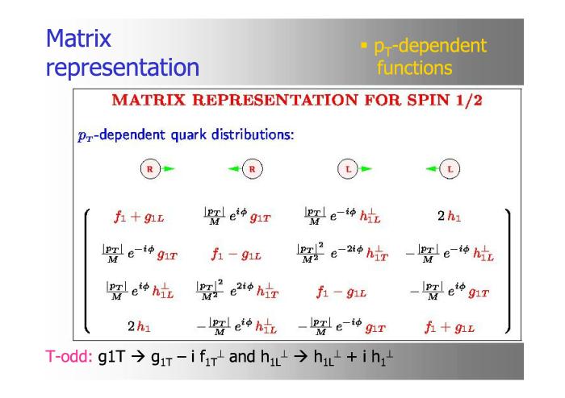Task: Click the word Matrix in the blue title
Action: (x=78, y=38)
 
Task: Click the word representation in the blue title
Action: (x=123, y=68)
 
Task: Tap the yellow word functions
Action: (x=414, y=68)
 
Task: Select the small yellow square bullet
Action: (x=364, y=45)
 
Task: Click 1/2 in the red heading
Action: (x=469, y=100)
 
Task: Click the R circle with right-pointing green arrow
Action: (x=157, y=168)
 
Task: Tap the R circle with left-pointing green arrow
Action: (x=245, y=168)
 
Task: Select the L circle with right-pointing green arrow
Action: (x=354, y=168)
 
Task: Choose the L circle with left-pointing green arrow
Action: (x=443, y=168)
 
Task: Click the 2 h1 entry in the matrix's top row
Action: (x=449, y=216)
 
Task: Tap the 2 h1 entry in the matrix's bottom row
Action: (x=139, y=326)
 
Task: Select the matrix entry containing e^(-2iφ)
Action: (x=342, y=253)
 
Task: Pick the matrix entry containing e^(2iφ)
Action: (x=237, y=290)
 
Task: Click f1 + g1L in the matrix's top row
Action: (x=139, y=217)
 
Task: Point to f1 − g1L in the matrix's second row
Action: (x=236, y=255)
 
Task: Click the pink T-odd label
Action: (x=69, y=357)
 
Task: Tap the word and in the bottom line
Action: (x=242, y=357)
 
